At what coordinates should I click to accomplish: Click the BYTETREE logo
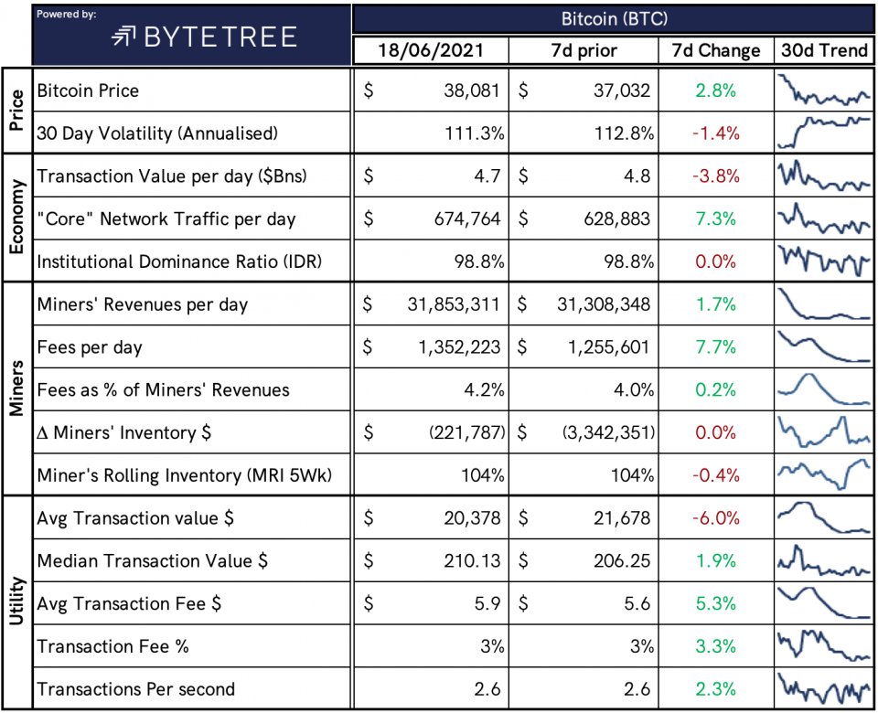pyautogui.click(x=204, y=36)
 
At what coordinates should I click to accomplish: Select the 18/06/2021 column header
pyautogui.click(x=431, y=49)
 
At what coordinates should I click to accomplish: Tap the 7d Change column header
pyautogui.click(x=714, y=49)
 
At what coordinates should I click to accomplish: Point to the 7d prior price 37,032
pyautogui.click(x=623, y=91)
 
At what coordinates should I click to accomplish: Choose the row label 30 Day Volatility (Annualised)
pyautogui.click(x=156, y=133)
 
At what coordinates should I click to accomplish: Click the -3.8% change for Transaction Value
pyautogui.click(x=714, y=176)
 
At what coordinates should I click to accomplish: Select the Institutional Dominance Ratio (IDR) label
pyautogui.click(x=179, y=261)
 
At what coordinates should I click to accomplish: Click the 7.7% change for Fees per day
pyautogui.click(x=714, y=347)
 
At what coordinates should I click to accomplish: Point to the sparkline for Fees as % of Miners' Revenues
pyautogui.click(x=824, y=389)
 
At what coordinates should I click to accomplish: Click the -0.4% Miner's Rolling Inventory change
pyautogui.click(x=714, y=475)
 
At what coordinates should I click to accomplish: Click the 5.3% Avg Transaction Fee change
pyautogui.click(x=714, y=603)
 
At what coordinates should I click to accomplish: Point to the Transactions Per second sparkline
pyautogui.click(x=824, y=688)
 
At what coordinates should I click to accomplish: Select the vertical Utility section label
pyautogui.click(x=16, y=602)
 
